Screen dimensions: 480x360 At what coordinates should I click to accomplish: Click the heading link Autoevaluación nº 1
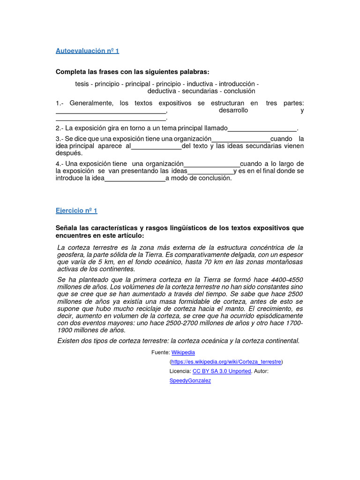pos(87,51)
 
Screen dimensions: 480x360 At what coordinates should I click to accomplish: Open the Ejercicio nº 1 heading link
pos(76,211)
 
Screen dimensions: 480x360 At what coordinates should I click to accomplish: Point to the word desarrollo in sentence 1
pos(233,111)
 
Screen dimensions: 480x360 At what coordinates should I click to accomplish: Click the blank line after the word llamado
pos(262,129)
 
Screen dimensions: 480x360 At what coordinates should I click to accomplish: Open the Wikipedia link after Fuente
pos(183,352)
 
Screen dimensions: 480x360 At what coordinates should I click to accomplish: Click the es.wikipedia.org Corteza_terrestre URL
pos(226,362)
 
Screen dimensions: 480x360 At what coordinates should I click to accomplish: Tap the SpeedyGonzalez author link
pos(190,381)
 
